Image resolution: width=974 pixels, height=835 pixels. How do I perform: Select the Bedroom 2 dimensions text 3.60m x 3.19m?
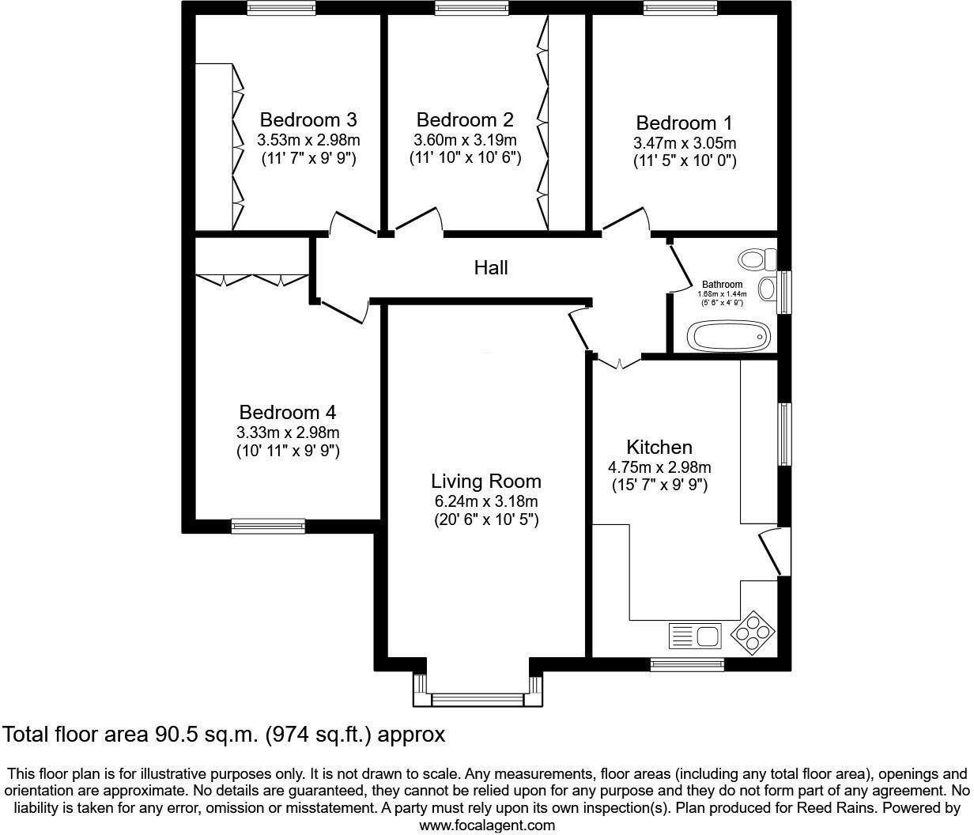pyautogui.click(x=465, y=140)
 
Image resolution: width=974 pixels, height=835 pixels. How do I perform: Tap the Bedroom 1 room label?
pyautogui.click(x=684, y=123)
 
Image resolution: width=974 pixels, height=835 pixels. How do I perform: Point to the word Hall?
pyautogui.click(x=490, y=268)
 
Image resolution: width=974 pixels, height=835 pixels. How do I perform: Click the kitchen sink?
pyautogui.click(x=694, y=636)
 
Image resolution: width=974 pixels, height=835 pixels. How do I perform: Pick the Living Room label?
pyautogui.click(x=486, y=481)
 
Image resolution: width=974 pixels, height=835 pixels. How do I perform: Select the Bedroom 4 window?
pyautogui.click(x=268, y=526)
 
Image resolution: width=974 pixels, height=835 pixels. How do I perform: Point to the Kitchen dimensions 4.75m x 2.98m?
pyautogui.click(x=659, y=467)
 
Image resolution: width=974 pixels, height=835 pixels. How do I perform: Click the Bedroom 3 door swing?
pyautogui.click(x=352, y=222)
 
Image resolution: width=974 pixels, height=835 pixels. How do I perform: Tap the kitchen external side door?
pyautogui.click(x=775, y=553)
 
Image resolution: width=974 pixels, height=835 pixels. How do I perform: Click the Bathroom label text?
pyautogui.click(x=723, y=285)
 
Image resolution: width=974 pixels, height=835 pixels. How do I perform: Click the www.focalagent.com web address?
pyautogui.click(x=486, y=826)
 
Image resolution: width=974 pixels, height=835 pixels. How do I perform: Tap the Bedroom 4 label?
pyautogui.click(x=287, y=413)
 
